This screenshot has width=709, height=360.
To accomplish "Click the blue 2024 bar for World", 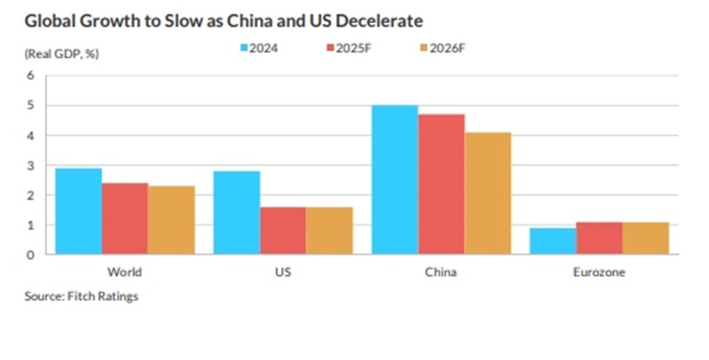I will pyautogui.click(x=78, y=211).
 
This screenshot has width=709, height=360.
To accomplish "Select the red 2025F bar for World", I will pyautogui.click(x=125, y=219).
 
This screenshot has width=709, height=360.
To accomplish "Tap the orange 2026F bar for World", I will pyautogui.click(x=171, y=220).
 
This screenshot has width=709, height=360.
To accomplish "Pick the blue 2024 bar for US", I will pyautogui.click(x=237, y=213).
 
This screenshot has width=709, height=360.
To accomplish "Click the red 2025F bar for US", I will pyautogui.click(x=283, y=231).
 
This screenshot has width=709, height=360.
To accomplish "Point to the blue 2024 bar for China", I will pyautogui.click(x=394, y=180).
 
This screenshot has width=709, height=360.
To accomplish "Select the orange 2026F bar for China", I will pyautogui.click(x=487, y=193).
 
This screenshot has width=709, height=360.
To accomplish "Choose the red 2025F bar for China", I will pyautogui.click(x=441, y=184).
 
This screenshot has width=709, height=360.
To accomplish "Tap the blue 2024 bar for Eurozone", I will pyautogui.click(x=553, y=241).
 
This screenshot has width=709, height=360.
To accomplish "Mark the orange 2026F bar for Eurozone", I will pyautogui.click(x=646, y=238).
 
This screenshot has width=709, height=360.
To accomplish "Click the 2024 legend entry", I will pyautogui.click(x=259, y=48).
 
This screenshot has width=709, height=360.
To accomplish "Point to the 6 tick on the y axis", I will pyautogui.click(x=30, y=75).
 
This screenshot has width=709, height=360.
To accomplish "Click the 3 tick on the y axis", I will pyautogui.click(x=30, y=166).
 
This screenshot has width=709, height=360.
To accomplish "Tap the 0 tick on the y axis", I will pyautogui.click(x=30, y=255).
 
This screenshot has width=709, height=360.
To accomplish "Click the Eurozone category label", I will pyautogui.click(x=599, y=272).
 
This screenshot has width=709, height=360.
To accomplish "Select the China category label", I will pyautogui.click(x=440, y=272).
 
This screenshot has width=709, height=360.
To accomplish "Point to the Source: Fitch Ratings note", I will pyautogui.click(x=82, y=296).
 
